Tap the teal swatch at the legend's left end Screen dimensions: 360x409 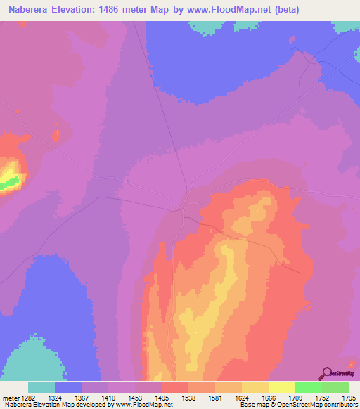(41, 387)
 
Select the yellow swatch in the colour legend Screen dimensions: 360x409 (281, 387)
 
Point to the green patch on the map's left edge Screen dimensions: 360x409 (7, 183)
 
